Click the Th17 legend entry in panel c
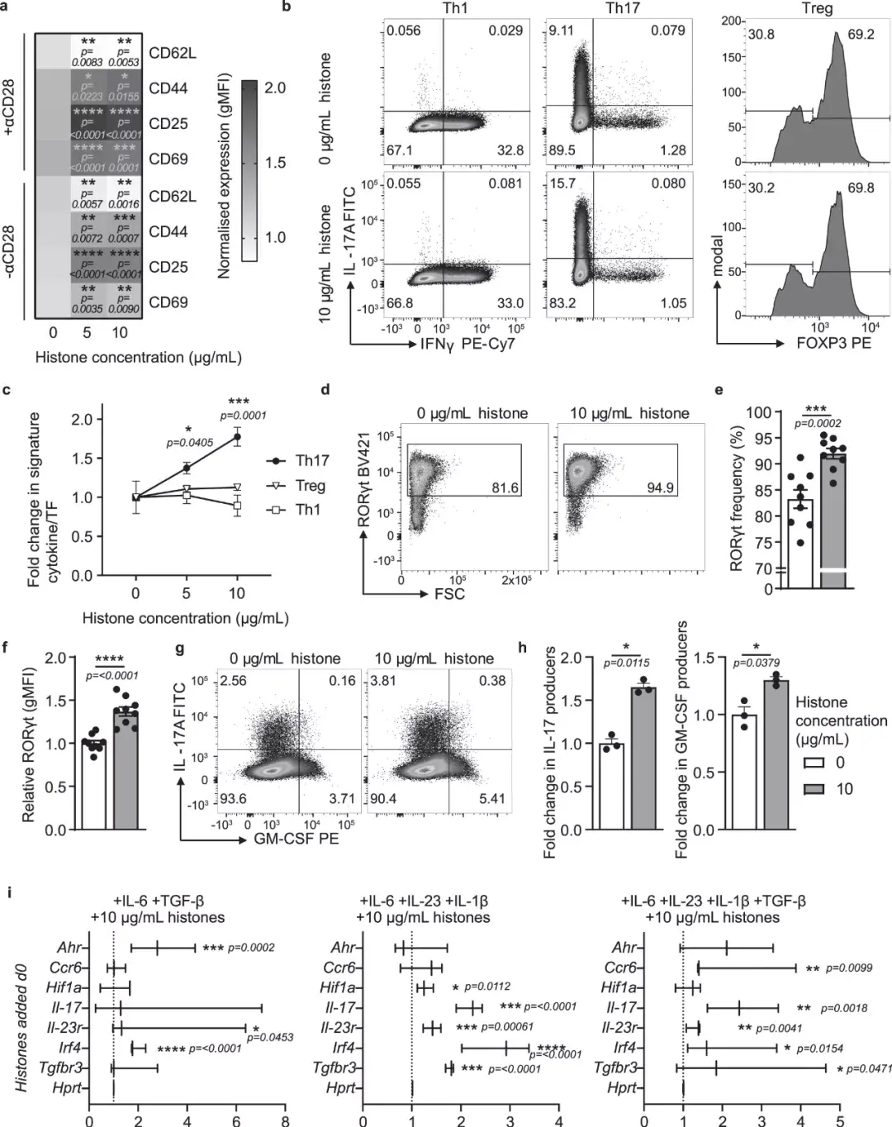[311, 461]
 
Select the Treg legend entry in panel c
[311, 486]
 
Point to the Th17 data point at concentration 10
[237, 436]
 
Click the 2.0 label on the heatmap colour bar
[276, 88]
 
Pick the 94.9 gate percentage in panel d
[660, 488]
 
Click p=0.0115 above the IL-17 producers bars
[628, 663]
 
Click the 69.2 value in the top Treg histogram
[861, 36]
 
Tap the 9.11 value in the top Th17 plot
[562, 31]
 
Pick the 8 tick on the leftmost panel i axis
[285, 1120]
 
